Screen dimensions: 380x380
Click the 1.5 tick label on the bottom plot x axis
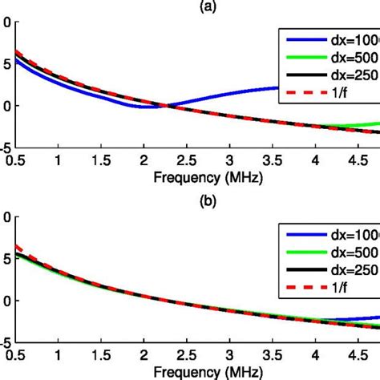[x=101, y=356]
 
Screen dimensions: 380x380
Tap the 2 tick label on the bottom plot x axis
[x=144, y=356]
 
